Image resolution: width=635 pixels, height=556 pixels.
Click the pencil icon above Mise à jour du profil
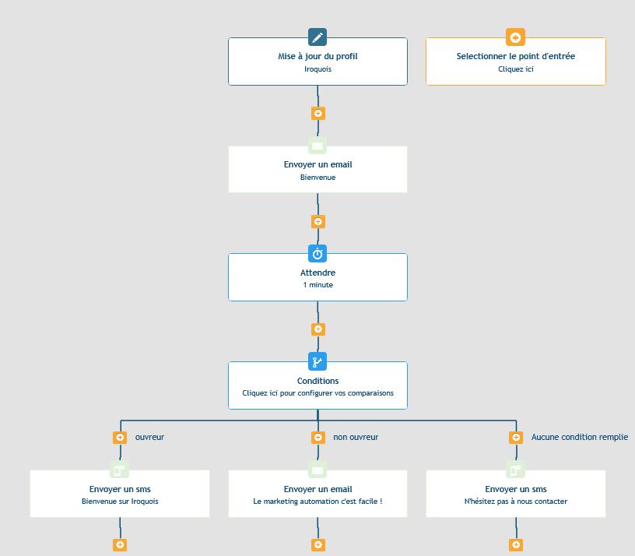317,37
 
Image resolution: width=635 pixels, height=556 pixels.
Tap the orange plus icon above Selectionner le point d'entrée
515,37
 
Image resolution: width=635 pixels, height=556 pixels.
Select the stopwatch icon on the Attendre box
317,254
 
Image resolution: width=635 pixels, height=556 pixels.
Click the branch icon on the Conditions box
317,361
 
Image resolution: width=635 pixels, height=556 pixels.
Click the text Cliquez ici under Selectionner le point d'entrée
515,69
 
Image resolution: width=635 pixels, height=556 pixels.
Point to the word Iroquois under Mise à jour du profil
318,69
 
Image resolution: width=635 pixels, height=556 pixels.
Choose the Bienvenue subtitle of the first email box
318,178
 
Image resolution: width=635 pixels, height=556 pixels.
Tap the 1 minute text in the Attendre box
318,285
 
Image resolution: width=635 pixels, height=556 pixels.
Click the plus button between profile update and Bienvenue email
318,113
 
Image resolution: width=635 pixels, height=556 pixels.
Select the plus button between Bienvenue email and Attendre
318,222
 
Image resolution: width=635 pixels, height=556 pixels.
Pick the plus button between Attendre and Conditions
318,329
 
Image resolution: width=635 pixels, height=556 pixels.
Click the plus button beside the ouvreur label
120,438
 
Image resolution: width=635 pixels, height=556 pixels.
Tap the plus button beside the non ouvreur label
318,438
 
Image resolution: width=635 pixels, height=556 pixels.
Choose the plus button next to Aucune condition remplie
516,438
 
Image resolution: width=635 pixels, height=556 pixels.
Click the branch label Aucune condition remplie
580,438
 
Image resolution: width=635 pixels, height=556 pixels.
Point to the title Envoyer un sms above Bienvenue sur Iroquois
120,489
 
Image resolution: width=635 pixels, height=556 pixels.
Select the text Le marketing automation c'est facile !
318,501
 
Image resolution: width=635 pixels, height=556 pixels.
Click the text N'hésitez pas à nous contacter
515,501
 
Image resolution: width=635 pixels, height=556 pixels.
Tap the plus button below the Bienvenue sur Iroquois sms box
120,544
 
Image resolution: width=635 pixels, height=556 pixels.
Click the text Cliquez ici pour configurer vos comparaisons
318,393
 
